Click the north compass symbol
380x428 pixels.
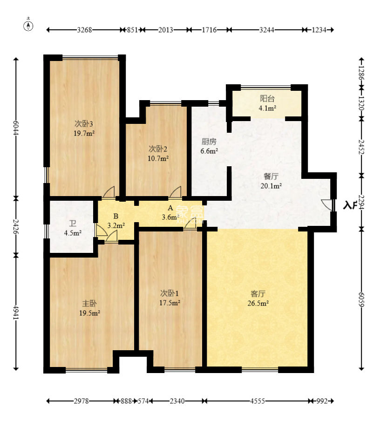pyautogui.click(x=28, y=25)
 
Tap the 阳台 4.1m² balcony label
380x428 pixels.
pyautogui.click(x=267, y=103)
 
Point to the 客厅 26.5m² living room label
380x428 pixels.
pyautogui.click(x=258, y=298)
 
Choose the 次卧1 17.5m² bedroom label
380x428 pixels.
pyautogui.click(x=170, y=298)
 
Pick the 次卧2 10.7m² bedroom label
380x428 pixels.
pyautogui.click(x=158, y=153)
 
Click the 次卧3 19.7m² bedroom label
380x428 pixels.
pyautogui.click(x=85, y=128)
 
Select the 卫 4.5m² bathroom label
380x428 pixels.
pyautogui.click(x=73, y=228)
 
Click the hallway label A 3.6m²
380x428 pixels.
pyautogui.click(x=170, y=212)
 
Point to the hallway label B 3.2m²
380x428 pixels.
pyautogui.click(x=115, y=221)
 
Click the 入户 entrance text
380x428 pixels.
pyautogui.click(x=350, y=205)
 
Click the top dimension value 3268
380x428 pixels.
pyautogui.click(x=84, y=30)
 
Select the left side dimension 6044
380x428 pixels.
pyautogui.click(x=16, y=128)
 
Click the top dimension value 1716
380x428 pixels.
pyautogui.click(x=209, y=30)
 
